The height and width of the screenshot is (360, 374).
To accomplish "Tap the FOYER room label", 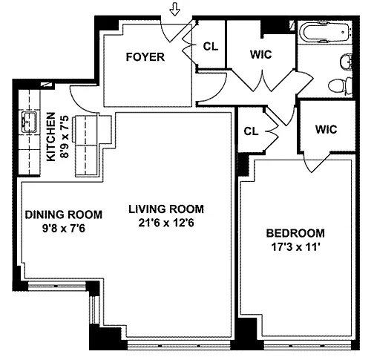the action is click(x=145, y=57).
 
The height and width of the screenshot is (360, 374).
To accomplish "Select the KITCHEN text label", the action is click(x=51, y=137).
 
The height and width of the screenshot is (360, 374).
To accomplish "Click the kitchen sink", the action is click(x=29, y=122).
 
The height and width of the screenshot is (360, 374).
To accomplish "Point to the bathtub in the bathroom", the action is click(x=324, y=33).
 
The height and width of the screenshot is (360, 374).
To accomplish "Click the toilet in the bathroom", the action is click(x=340, y=86).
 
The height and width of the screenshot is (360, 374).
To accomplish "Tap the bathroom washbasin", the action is click(x=347, y=62).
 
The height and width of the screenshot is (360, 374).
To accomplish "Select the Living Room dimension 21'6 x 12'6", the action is click(x=166, y=223).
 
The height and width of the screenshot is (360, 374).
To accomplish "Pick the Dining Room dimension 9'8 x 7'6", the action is click(x=64, y=228).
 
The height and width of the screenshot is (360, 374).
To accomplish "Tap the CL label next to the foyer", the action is click(x=211, y=46).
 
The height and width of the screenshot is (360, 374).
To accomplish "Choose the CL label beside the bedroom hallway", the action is click(x=251, y=131).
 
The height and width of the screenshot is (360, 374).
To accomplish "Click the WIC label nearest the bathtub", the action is click(x=261, y=54).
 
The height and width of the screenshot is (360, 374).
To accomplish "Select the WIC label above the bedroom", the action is click(x=326, y=129).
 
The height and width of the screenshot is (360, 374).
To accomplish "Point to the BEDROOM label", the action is click(x=295, y=233).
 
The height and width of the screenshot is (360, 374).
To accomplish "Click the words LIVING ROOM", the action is click(x=166, y=209).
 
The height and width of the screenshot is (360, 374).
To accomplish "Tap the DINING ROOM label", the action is click(x=64, y=215).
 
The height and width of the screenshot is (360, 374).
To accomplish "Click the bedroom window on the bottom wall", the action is click(x=307, y=344).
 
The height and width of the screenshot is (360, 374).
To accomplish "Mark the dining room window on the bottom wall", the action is click(x=56, y=286).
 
